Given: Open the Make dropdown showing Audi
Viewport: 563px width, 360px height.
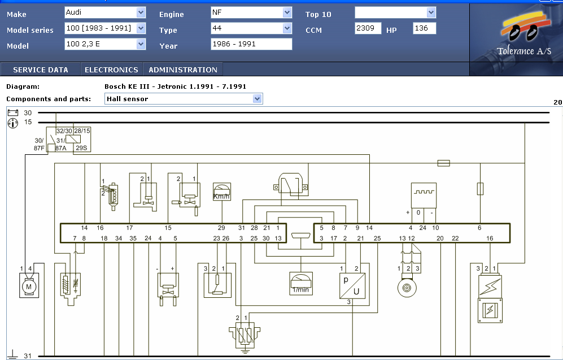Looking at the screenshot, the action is click(105, 12).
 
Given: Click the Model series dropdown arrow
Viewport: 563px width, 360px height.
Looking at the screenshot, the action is click(141, 28).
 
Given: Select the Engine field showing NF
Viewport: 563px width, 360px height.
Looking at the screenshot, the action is click(251, 12).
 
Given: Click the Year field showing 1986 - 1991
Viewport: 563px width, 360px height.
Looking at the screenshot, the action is click(251, 44).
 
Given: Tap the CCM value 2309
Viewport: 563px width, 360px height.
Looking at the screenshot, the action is click(368, 28).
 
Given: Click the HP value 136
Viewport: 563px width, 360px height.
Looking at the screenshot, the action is click(425, 28).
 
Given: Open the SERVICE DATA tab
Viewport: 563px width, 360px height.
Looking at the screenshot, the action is click(41, 70).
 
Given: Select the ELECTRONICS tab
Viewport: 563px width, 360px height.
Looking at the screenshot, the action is click(111, 70).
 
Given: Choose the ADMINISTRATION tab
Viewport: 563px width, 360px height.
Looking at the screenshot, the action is click(183, 70).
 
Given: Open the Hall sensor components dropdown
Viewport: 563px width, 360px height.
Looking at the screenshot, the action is click(184, 99).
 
